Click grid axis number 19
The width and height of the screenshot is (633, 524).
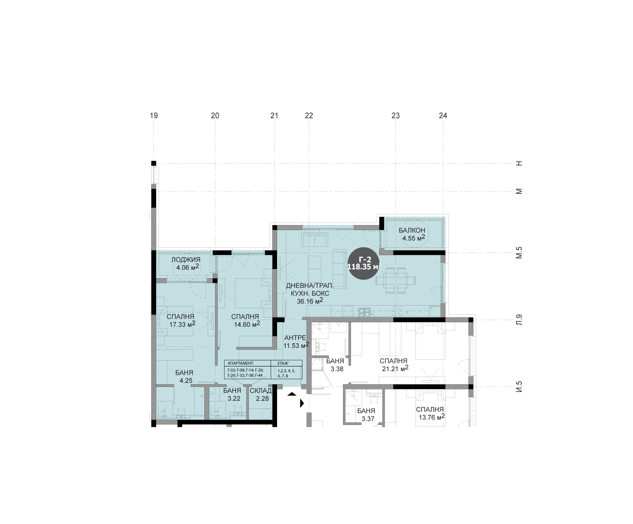(154, 116)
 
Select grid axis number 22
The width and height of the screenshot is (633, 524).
(309, 116)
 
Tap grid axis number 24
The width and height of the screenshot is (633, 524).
(443, 116)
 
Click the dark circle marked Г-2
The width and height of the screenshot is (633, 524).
(364, 263)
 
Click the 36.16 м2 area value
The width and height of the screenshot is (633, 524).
(310, 301)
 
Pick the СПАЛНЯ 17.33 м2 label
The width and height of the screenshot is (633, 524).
(181, 320)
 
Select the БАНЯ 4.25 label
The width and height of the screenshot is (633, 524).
(184, 376)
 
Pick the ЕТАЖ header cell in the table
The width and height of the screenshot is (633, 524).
(286, 363)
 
